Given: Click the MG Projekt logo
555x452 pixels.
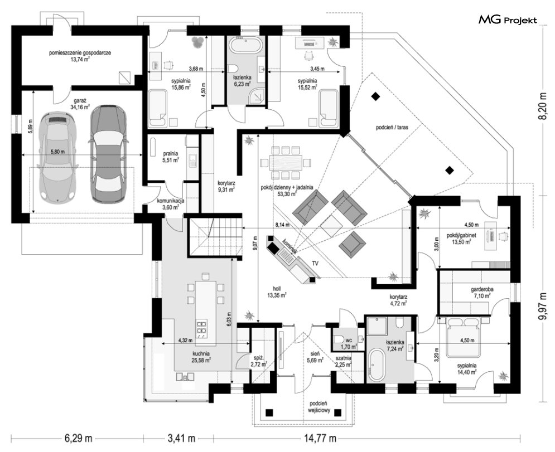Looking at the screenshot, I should [508, 21].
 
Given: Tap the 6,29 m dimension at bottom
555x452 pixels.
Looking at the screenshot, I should [78, 438].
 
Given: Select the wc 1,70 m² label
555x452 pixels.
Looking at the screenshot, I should [350, 341].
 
